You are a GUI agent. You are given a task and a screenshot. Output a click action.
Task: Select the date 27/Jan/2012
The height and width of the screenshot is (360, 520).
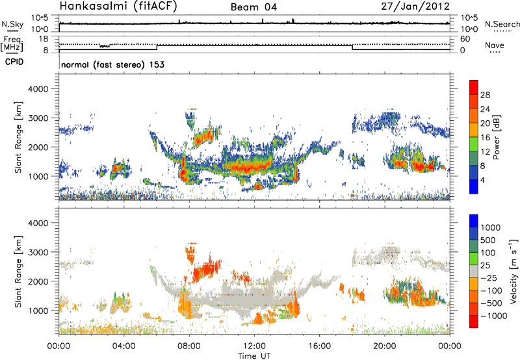coord(422,6)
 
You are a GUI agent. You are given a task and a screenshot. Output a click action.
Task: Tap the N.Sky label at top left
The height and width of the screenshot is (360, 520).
coord(10,23)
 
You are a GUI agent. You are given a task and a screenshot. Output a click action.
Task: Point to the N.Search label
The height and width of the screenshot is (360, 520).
coord(502,23)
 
